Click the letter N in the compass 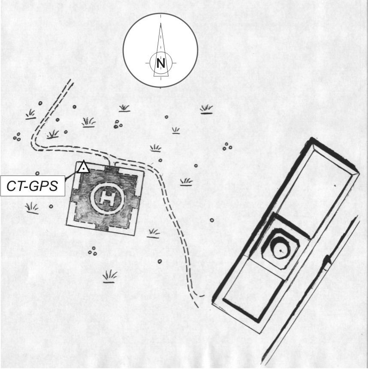(x=161, y=64)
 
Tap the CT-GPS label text (x=33, y=186)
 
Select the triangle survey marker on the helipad (x=83, y=167)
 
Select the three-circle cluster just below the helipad (x=92, y=251)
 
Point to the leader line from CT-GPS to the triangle (x=72, y=174)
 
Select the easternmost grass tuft (x=206, y=109)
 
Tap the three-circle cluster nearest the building (x=227, y=147)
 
